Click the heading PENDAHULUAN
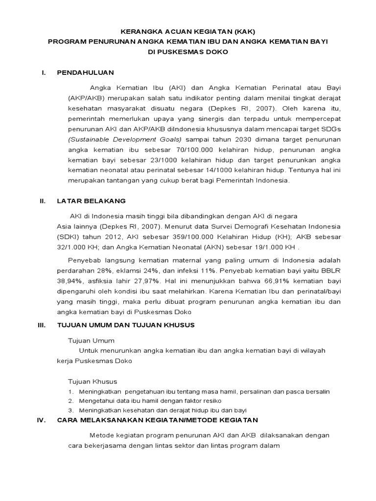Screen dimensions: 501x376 coord(85,72)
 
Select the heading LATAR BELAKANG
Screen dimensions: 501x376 coord(91,201)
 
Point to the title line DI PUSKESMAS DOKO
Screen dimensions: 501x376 coord(188,51)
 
